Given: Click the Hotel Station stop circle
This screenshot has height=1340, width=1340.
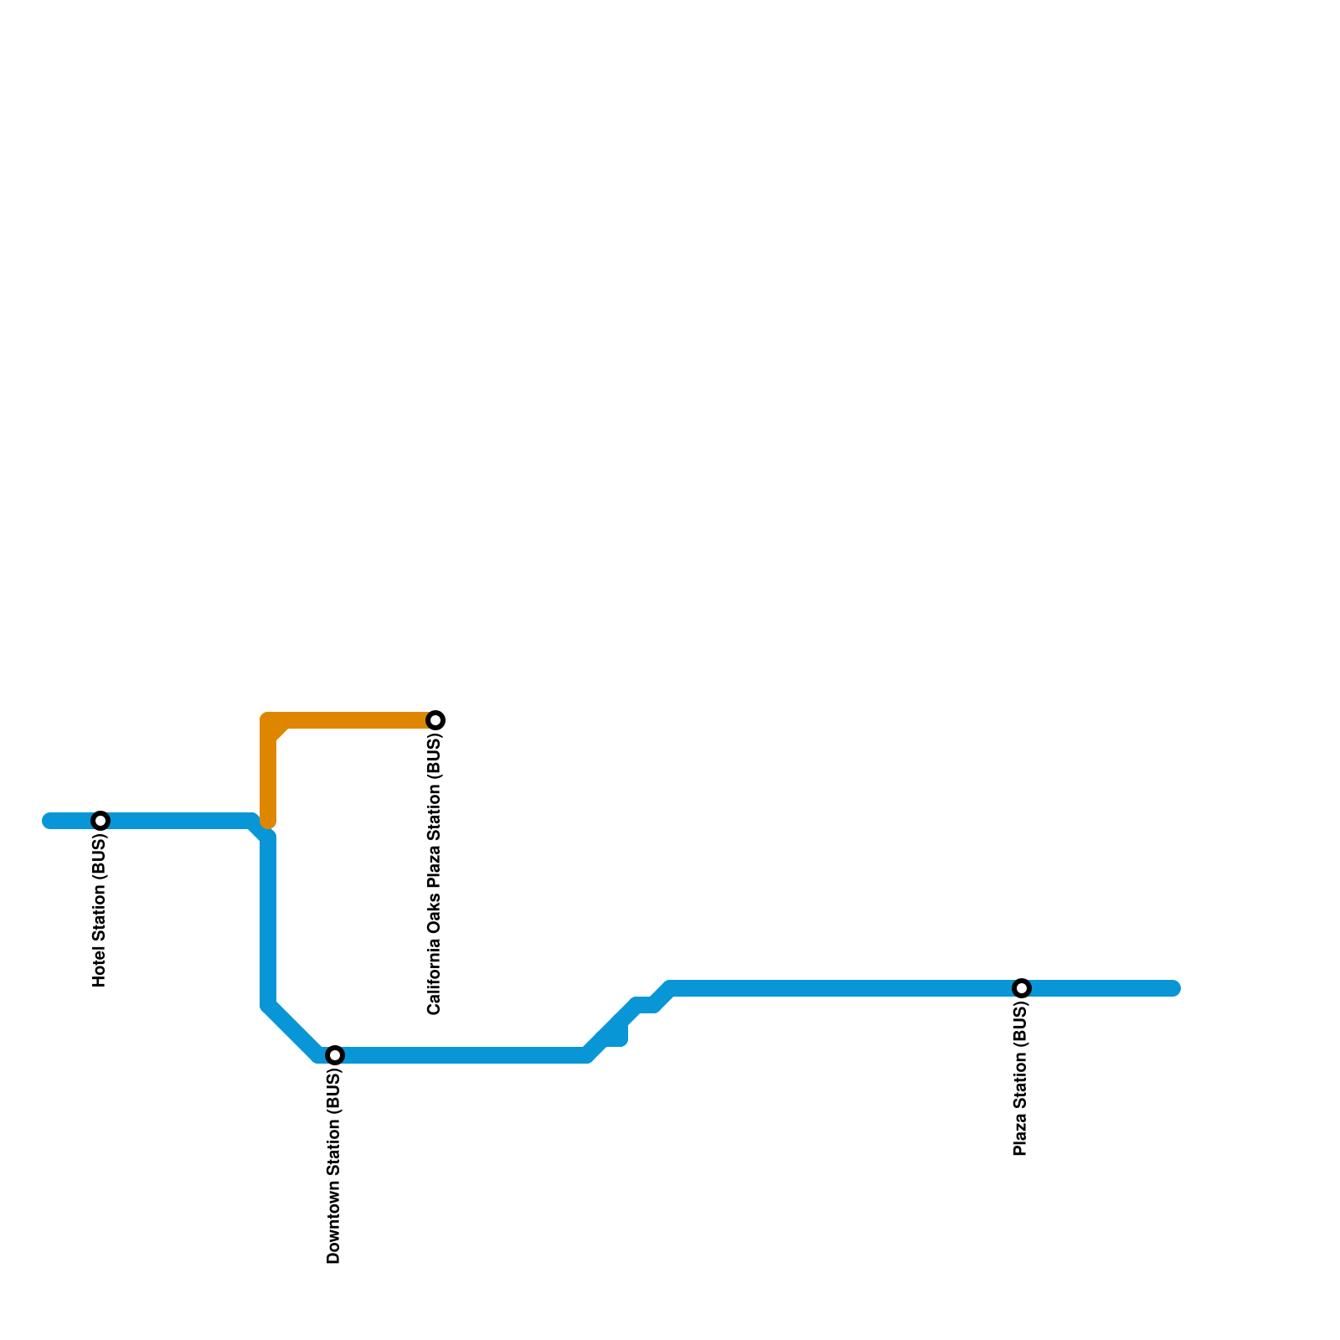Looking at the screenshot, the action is click(100, 821).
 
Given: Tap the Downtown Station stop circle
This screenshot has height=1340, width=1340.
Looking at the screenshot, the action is click(335, 1055).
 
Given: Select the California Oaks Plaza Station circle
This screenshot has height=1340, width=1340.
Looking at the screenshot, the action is click(435, 720).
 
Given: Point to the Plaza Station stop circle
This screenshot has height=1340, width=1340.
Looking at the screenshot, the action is click(1022, 988).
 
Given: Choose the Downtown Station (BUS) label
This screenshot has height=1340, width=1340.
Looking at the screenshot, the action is click(335, 1167).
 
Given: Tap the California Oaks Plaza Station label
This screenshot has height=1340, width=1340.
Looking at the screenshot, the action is click(435, 875).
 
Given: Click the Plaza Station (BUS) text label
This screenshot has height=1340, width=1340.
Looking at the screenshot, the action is click(1021, 1080).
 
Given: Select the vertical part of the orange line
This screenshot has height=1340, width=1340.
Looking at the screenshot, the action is click(268, 779).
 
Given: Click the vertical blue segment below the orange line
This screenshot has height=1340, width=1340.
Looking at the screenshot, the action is click(268, 921).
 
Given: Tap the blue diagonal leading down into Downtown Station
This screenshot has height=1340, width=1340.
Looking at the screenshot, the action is click(293, 1030).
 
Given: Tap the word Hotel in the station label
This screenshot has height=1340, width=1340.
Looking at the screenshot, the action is click(100, 967).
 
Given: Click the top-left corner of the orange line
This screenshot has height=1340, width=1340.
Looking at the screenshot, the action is click(269, 721).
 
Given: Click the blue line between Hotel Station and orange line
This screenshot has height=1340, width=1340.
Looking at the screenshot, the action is click(176, 821).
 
